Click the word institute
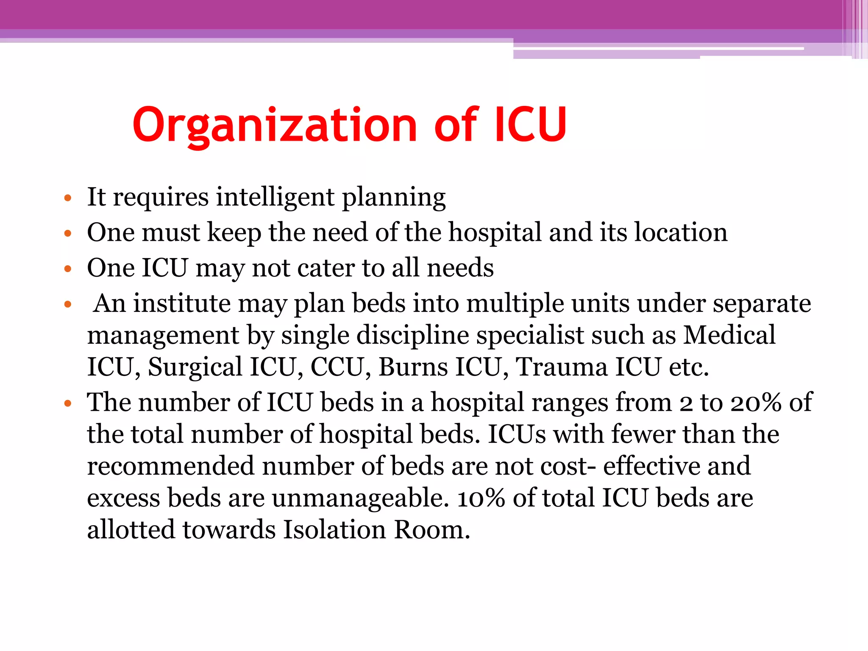coord(182,303)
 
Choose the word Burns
coord(413,367)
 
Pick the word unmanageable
coord(360,499)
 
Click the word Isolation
coord(334,530)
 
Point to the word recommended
coord(170,466)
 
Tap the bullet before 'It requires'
coord(67,198)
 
